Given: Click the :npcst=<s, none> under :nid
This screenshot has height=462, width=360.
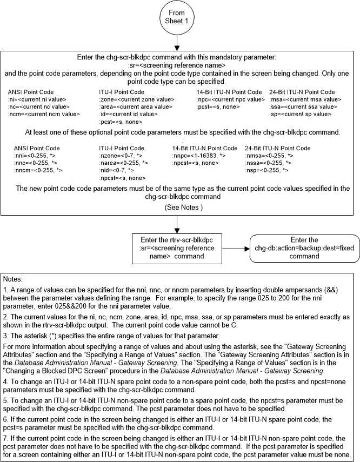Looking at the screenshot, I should click(x=122, y=178).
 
